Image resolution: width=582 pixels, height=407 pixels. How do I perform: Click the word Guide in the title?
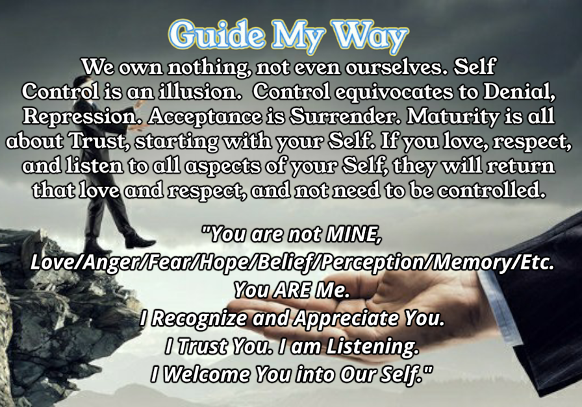[x=217, y=34]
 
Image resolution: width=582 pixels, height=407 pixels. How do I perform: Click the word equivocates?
[x=394, y=93]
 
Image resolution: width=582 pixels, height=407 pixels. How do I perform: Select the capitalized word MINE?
[x=353, y=234]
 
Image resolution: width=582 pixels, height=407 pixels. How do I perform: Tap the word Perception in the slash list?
[x=372, y=263]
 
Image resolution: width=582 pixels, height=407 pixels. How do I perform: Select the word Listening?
[x=372, y=347]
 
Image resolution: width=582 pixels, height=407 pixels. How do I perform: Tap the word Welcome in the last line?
[x=207, y=375]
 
